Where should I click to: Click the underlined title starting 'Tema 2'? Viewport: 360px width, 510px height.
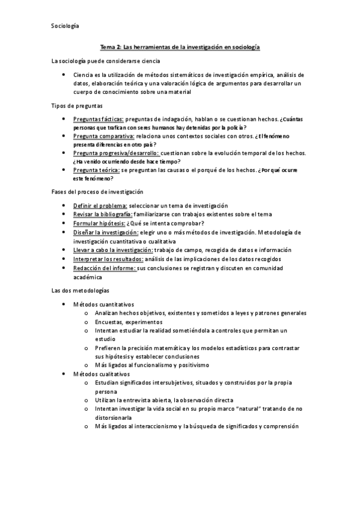click(180, 47)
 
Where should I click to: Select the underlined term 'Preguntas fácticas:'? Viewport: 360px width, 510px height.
click(98, 120)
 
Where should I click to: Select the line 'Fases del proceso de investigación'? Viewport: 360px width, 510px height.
click(98, 191)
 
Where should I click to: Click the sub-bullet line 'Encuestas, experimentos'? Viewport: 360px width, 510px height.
click(129, 322)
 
